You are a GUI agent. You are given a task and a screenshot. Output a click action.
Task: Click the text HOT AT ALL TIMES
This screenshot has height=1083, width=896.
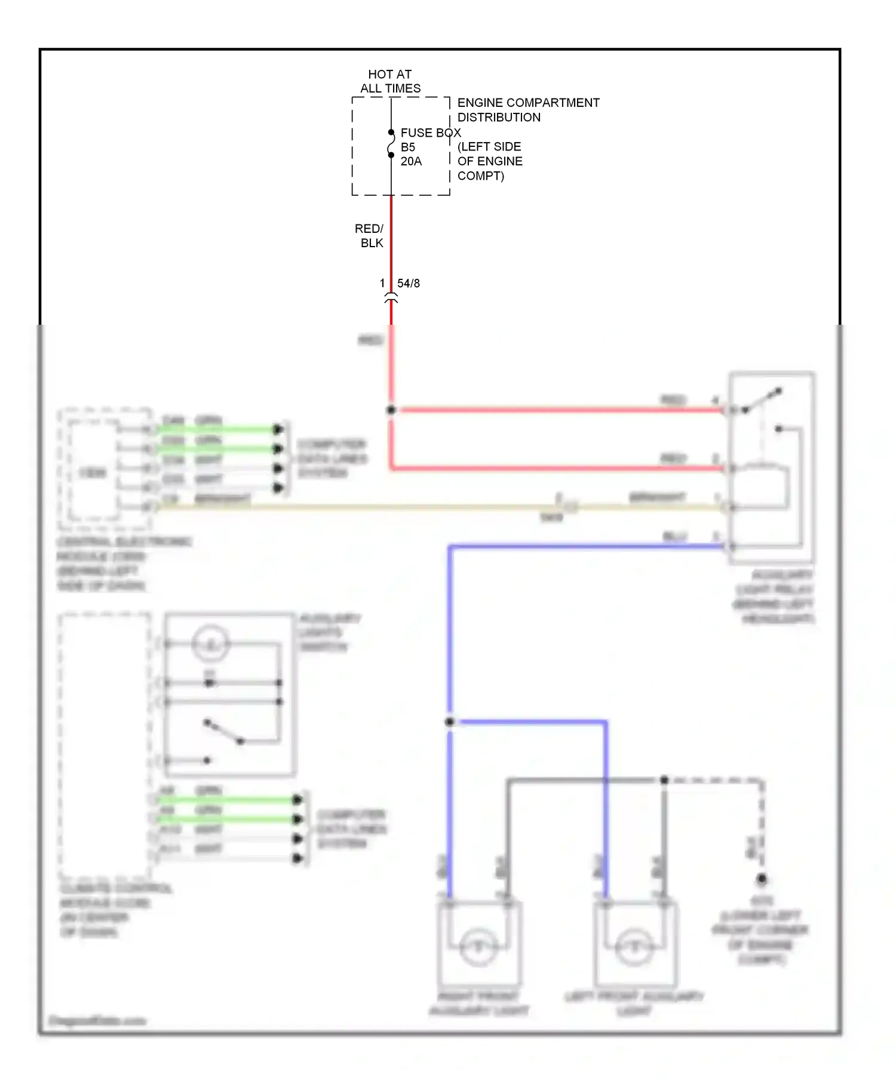(x=390, y=81)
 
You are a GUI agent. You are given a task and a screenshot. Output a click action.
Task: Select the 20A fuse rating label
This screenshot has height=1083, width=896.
(x=411, y=161)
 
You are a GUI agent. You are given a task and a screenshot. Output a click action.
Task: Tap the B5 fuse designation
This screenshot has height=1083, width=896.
(x=408, y=147)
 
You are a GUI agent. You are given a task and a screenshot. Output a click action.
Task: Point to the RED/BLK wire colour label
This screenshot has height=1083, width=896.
(x=370, y=236)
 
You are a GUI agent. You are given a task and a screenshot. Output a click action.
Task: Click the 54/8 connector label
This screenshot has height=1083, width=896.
(x=409, y=284)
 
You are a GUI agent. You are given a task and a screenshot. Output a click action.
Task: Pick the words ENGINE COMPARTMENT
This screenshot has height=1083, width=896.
(x=528, y=103)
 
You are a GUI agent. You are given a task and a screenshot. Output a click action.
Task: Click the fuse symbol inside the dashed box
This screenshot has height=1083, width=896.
(x=391, y=144)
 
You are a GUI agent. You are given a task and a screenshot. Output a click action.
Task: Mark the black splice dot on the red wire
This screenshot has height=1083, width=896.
(x=391, y=410)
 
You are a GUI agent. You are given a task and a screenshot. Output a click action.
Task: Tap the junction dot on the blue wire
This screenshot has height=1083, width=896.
(x=450, y=722)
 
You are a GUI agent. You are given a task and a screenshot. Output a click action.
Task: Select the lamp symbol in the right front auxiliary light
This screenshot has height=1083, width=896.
(x=478, y=946)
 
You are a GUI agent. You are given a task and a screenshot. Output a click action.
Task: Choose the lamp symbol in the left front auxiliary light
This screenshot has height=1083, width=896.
(x=634, y=946)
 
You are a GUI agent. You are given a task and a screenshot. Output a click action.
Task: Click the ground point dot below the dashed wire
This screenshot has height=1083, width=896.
(x=762, y=879)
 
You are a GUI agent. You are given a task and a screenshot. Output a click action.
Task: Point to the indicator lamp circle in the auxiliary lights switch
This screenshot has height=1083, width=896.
(x=210, y=644)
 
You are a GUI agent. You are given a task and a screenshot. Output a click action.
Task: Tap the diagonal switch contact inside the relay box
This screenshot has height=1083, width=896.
(x=762, y=401)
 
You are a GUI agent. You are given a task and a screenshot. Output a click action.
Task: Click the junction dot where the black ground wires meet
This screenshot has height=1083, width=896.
(x=664, y=780)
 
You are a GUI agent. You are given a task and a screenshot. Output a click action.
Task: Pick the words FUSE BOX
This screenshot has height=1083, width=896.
(x=431, y=133)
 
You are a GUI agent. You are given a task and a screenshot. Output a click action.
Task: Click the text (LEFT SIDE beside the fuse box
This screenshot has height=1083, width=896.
(x=489, y=147)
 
